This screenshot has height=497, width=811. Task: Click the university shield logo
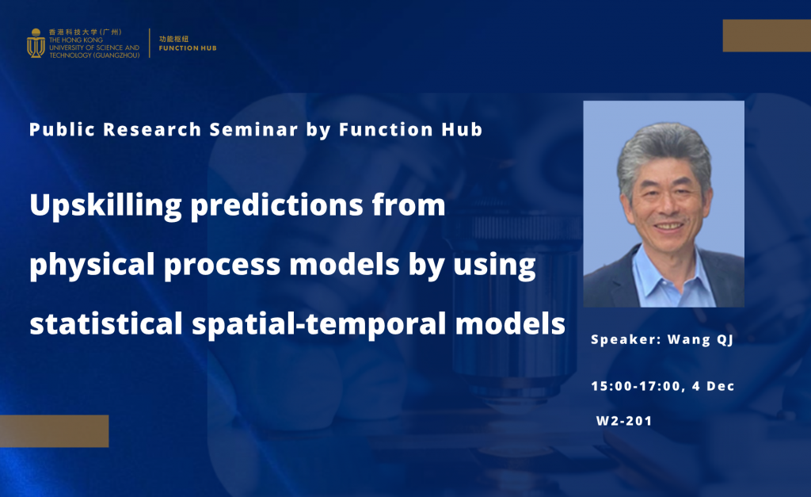(36, 43)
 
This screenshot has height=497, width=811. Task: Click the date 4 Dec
(718, 386)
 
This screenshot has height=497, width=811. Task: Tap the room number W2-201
(624, 421)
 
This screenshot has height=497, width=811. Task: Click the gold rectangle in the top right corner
(766, 36)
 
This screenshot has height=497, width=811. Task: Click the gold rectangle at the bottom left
(54, 430)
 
